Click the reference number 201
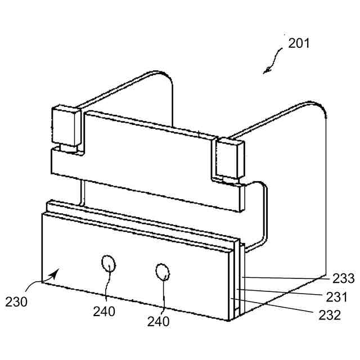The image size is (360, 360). click(x=299, y=43)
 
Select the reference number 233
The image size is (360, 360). click(x=343, y=278)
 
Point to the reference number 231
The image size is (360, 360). click(x=337, y=296)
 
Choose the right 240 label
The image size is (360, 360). click(x=159, y=321)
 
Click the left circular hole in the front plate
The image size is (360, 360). click(x=108, y=263)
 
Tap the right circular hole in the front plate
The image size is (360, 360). click(x=163, y=272)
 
